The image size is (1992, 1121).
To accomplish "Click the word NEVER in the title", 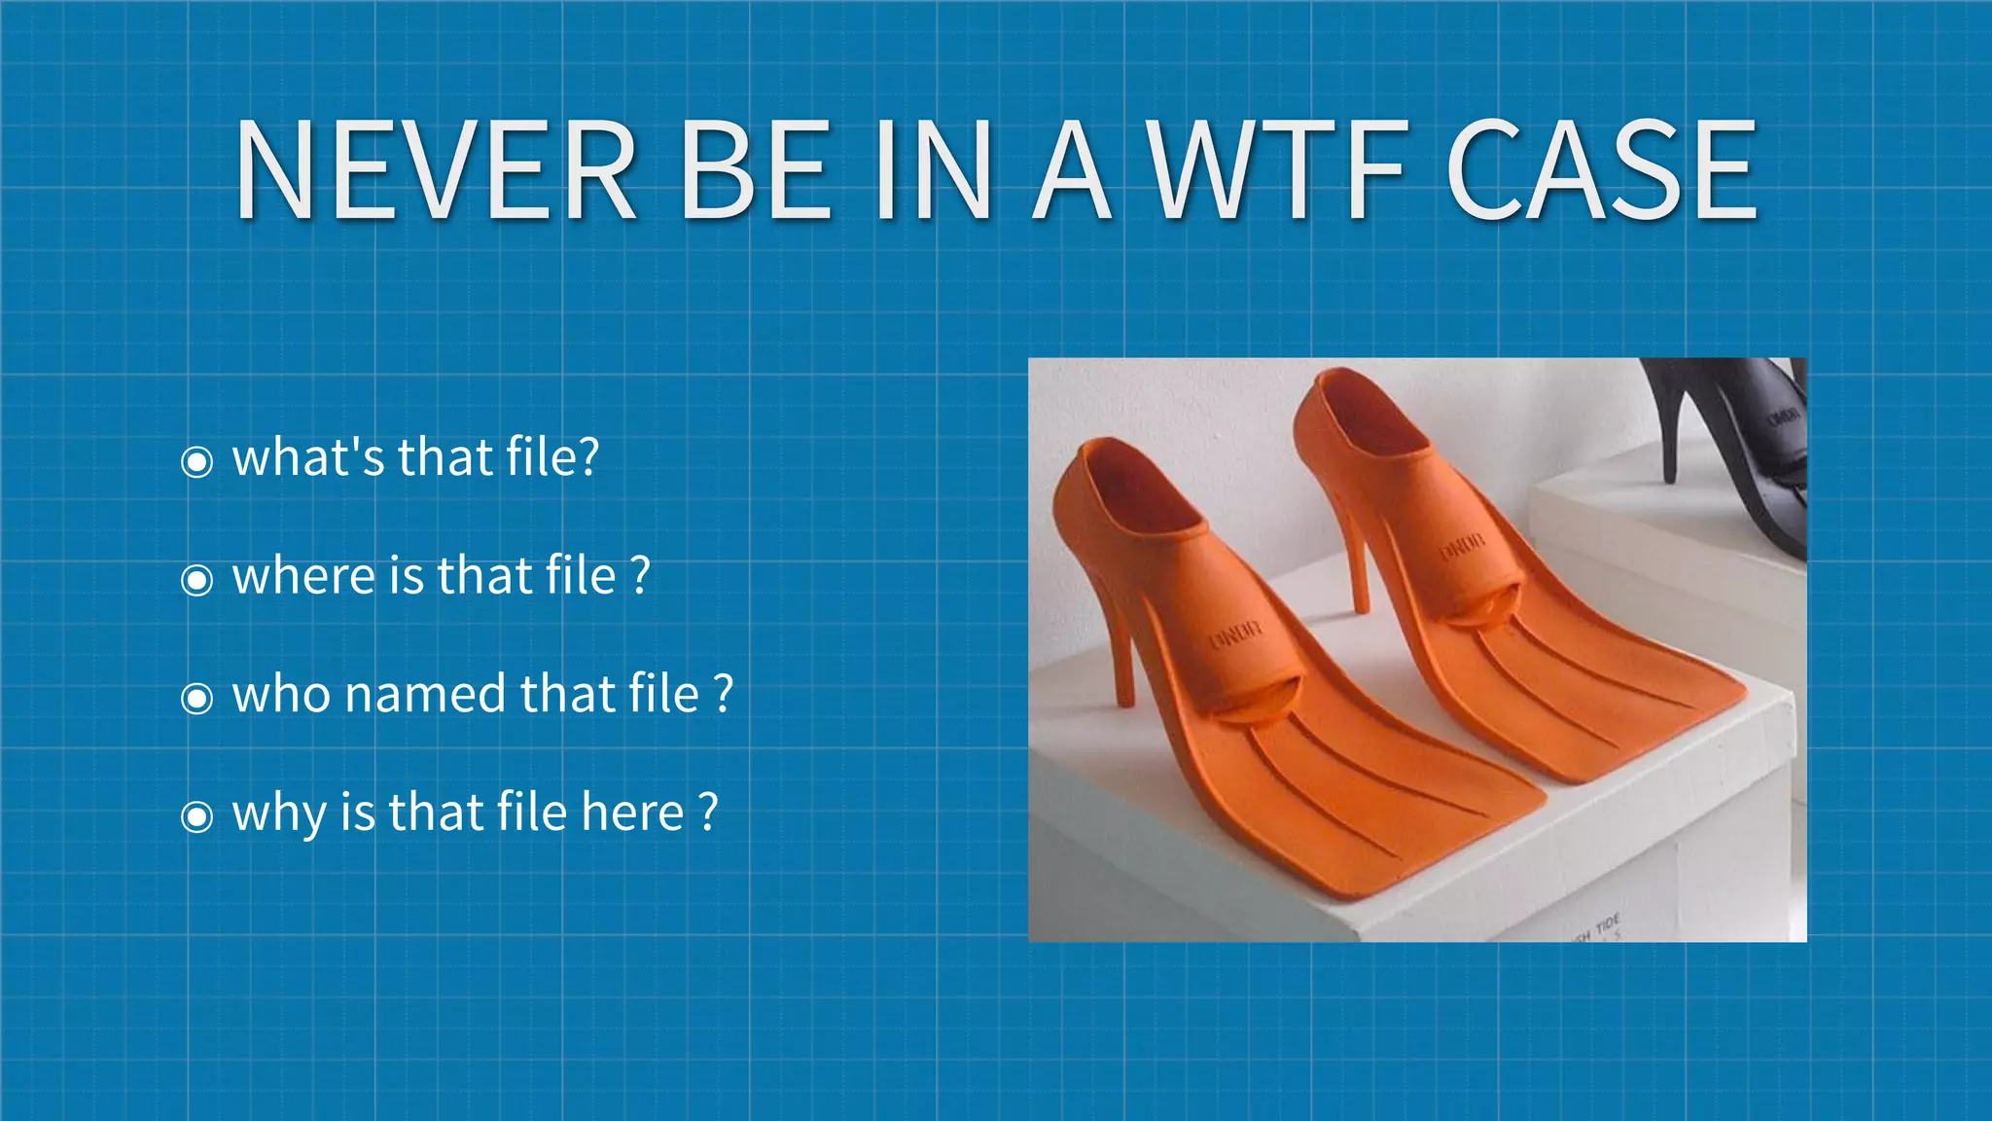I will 436,171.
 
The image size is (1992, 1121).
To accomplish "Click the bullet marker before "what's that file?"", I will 197,461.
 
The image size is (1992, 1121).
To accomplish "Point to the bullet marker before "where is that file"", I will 197,580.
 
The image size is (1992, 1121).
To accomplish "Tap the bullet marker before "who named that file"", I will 197,698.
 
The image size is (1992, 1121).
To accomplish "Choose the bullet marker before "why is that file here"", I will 197,816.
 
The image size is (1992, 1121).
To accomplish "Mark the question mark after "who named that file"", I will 723,694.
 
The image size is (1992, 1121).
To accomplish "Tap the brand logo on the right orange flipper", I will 1462,548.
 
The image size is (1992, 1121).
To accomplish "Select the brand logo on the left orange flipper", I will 1235,634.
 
